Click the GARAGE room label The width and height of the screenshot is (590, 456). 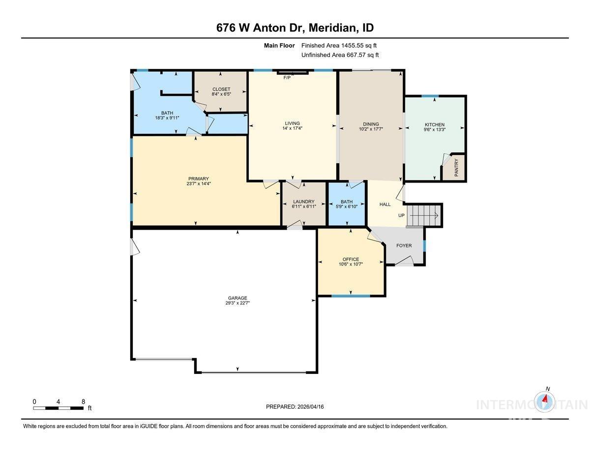[237, 298]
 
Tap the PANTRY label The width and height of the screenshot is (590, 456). [457, 168]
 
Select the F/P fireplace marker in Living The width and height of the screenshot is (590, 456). [287, 78]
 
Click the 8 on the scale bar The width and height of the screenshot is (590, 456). [83, 401]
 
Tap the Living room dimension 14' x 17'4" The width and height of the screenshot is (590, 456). [292, 129]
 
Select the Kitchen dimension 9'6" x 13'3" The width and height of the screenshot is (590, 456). [435, 130]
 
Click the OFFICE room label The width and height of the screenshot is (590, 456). [351, 259]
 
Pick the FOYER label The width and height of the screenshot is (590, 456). [404, 245]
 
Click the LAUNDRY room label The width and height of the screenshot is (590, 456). [303, 202]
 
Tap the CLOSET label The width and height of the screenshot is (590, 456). [221, 89]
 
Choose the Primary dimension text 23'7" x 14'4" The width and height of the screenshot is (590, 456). [198, 184]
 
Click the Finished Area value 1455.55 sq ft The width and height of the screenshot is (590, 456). [339, 45]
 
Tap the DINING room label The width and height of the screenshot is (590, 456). [371, 124]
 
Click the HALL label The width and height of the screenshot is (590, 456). [385, 205]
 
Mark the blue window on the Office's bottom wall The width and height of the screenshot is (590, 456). [351, 296]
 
